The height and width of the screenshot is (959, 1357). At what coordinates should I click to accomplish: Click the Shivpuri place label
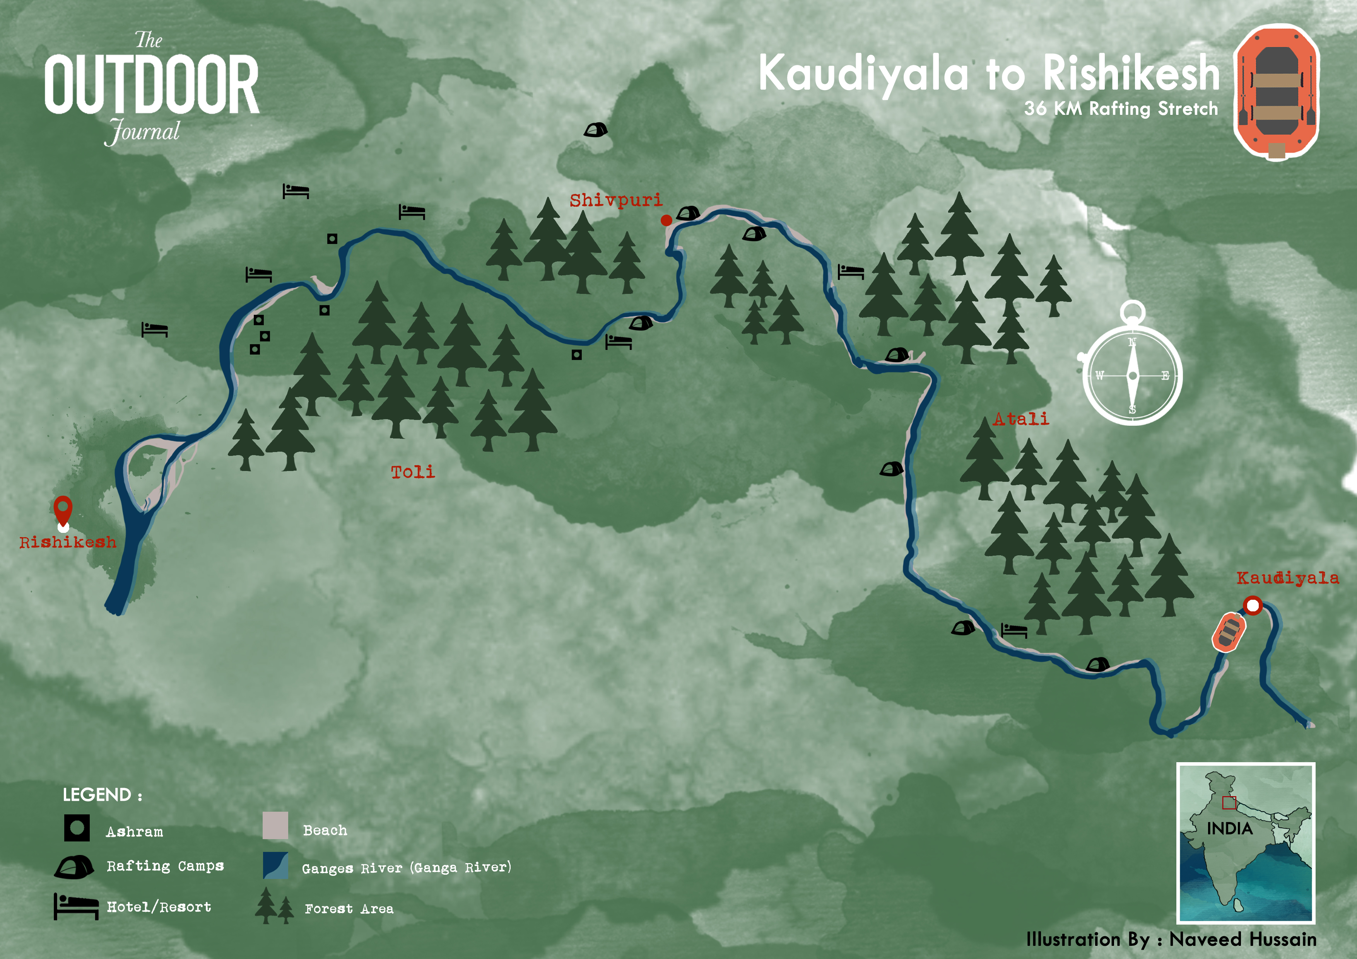(615, 200)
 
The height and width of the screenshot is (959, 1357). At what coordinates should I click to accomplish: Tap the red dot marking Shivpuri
(666, 220)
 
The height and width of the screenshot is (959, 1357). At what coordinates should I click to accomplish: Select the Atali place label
(1021, 419)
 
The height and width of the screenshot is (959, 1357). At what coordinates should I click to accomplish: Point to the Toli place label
(412, 471)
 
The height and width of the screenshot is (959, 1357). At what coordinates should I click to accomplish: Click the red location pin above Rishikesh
(63, 509)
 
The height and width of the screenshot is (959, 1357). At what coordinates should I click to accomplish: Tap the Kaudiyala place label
(1287, 578)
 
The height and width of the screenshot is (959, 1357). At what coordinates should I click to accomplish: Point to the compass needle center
(1132, 376)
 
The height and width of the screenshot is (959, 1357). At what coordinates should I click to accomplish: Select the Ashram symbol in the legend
(77, 828)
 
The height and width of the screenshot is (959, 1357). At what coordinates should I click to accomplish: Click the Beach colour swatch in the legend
(275, 826)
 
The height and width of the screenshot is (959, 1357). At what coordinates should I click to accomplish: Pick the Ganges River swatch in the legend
(275, 866)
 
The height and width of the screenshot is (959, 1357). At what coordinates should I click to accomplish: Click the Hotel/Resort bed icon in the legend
(76, 906)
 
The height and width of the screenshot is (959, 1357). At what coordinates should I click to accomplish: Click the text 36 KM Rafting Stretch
(1121, 109)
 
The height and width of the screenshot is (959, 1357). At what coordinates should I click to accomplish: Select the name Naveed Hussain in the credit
(1242, 939)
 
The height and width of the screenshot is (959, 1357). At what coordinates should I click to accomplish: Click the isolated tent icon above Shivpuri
(595, 130)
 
